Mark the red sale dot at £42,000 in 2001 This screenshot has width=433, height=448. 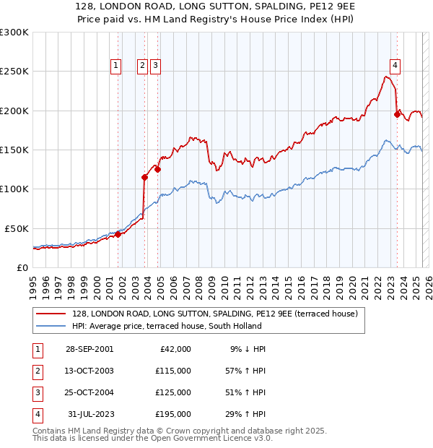click(118, 234)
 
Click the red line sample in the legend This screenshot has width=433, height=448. click(51, 314)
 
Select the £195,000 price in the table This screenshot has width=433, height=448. click(172, 414)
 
